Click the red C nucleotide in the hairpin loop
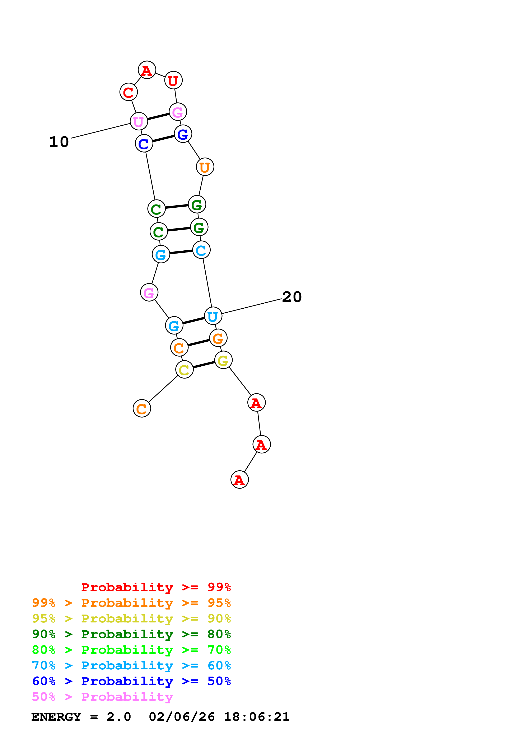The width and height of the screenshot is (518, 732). [x=128, y=92]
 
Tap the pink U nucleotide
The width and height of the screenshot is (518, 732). [x=139, y=121]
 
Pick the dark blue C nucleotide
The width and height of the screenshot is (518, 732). [x=144, y=144]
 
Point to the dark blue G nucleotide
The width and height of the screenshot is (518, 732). [x=183, y=134]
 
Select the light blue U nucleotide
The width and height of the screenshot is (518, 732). [x=213, y=316]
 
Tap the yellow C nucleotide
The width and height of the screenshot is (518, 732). [x=184, y=370]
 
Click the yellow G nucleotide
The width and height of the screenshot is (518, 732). [x=223, y=360]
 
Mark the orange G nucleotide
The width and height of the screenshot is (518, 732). [x=218, y=338]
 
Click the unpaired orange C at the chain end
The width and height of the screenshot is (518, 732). [x=142, y=408]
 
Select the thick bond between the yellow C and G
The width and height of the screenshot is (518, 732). [x=204, y=365]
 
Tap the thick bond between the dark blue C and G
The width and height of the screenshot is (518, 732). [x=163, y=139]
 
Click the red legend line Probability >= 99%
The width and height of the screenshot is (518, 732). [x=156, y=587]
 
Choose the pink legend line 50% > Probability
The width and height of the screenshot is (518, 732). [x=102, y=697]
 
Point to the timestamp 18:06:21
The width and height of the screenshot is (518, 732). [x=256, y=717]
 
